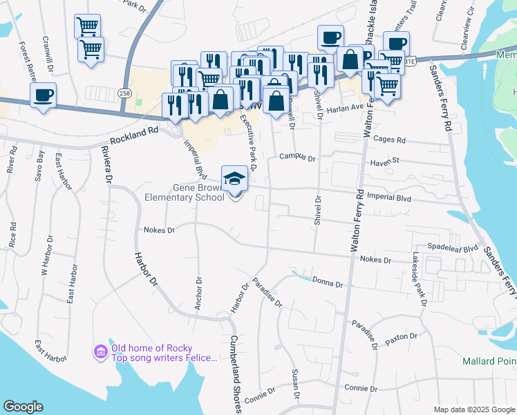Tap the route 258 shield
tap(124, 93)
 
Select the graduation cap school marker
tap(234, 178)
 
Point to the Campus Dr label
tap(297, 158)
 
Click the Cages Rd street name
tap(389, 139)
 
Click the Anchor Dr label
tap(199, 295)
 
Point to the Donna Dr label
tap(328, 282)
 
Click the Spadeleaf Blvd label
tap(453, 248)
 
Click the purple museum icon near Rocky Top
tap(101, 352)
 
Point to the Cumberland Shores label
tap(236, 374)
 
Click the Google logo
tap(23, 407)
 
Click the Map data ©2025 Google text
tap(474, 409)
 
